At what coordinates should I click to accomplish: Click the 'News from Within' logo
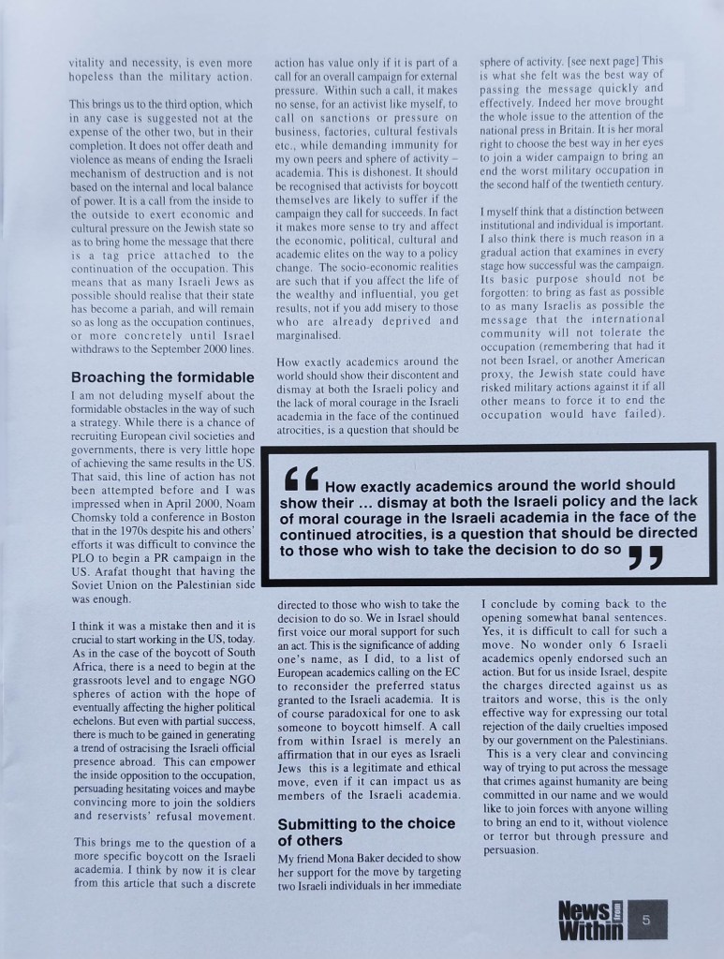(x=589, y=920)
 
